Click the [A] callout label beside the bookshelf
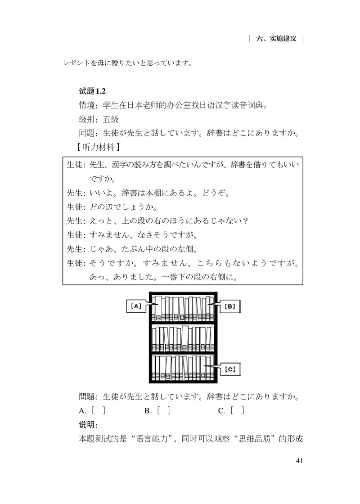tap(136, 306)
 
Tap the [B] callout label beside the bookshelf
tap(230, 306)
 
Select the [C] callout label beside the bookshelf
tap(230, 369)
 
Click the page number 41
tap(299, 461)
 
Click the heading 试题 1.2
tap(92, 91)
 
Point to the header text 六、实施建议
tap(276, 39)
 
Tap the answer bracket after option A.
tap(99, 410)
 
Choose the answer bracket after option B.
tap(164, 410)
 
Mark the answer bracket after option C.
tap(238, 410)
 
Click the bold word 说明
tap(86, 425)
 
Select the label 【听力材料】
tap(99, 147)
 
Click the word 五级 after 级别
tap(111, 119)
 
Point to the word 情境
tap(87, 105)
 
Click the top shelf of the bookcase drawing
tap(183, 308)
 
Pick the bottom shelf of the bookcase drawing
tap(183, 368)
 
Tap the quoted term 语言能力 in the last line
tap(152, 439)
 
